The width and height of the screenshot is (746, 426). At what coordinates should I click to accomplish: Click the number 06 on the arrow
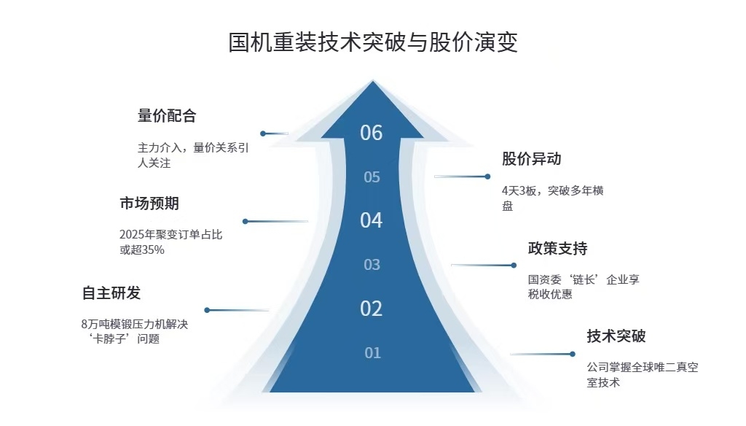[372, 133]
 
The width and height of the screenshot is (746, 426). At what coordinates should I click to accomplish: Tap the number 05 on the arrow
[372, 177]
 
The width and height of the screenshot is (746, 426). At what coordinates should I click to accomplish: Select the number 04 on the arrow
[372, 220]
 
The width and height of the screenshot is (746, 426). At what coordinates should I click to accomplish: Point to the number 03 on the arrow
[372, 265]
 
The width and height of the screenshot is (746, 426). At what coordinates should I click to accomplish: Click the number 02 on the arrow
[372, 309]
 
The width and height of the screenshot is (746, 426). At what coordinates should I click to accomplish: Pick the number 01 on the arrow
[373, 353]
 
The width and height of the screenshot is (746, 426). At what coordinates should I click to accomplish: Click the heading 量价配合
[167, 116]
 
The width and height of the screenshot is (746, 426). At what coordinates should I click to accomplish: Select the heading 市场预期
[149, 204]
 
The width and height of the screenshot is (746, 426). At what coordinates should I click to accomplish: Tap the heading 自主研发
[111, 293]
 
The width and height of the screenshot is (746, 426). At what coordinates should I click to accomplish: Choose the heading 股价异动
[531, 159]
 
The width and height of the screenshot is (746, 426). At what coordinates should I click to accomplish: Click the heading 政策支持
[557, 249]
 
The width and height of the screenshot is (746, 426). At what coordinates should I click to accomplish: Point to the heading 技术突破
[616, 336]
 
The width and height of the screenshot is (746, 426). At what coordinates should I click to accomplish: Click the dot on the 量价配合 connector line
[263, 133]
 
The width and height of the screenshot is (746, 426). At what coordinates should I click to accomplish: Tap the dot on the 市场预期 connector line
[246, 221]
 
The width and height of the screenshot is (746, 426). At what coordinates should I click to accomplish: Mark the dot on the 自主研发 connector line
[207, 310]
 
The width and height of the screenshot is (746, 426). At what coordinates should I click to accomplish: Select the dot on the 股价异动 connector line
[487, 177]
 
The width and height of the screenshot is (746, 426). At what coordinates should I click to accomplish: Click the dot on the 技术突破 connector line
[573, 354]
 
